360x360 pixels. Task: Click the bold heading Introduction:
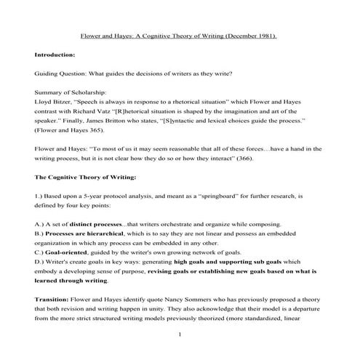(x=55, y=55)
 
